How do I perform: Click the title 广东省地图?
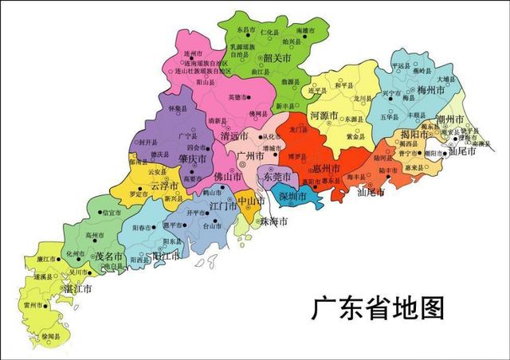coord(377,307)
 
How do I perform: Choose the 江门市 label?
coord(223,206)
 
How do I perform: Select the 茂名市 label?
coord(109,258)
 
